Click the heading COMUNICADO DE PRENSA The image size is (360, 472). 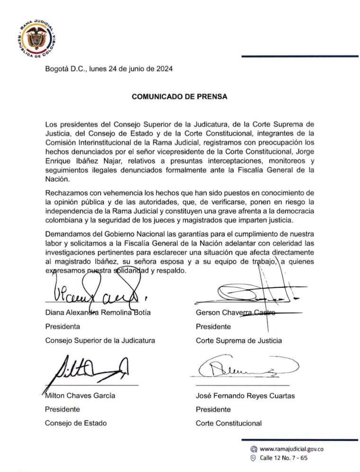pyautogui.click(x=180, y=97)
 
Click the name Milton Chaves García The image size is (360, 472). pyautogui.click(x=80, y=395)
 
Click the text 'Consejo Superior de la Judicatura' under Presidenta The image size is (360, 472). pyautogui.click(x=100, y=340)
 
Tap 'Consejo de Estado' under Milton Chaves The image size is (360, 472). pyautogui.click(x=76, y=423)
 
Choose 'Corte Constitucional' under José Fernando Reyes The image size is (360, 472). pyautogui.click(x=228, y=423)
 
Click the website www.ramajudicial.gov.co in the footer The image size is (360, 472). pyautogui.click(x=292, y=449)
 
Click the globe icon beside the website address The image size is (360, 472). pyautogui.click(x=253, y=449)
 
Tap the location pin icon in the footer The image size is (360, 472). pyautogui.click(x=253, y=458)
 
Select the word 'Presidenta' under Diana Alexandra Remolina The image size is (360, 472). pyautogui.click(x=63, y=327)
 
